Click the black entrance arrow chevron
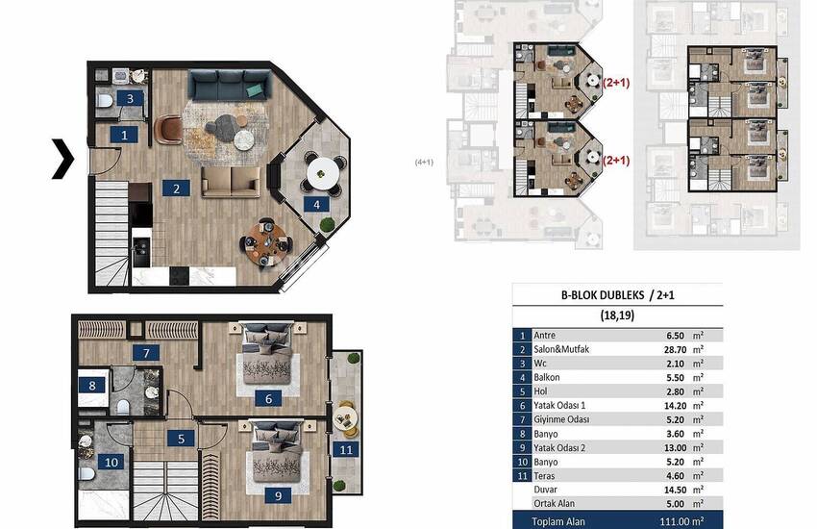pyautogui.click(x=63, y=159)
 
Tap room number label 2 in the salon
pyautogui.click(x=176, y=189)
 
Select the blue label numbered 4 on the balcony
pyautogui.click(x=317, y=204)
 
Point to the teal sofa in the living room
pyautogui.click(x=230, y=85)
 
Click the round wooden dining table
pyautogui.click(x=267, y=241)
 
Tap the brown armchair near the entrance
pyautogui.click(x=169, y=129)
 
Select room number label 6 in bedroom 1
pyautogui.click(x=268, y=399)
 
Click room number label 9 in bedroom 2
pyautogui.click(x=278, y=495)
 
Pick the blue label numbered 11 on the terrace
pyautogui.click(x=346, y=449)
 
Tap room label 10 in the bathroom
pyautogui.click(x=111, y=462)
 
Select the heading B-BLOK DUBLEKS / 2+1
pyautogui.click(x=617, y=295)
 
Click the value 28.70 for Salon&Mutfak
pyautogui.click(x=674, y=350)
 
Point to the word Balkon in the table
pyautogui.click(x=547, y=377)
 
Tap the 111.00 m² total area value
pyautogui.click(x=681, y=521)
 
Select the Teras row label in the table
pyautogui.click(x=544, y=476)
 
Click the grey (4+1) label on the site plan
pyautogui.click(x=424, y=163)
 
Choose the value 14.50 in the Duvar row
pyautogui.click(x=675, y=490)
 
